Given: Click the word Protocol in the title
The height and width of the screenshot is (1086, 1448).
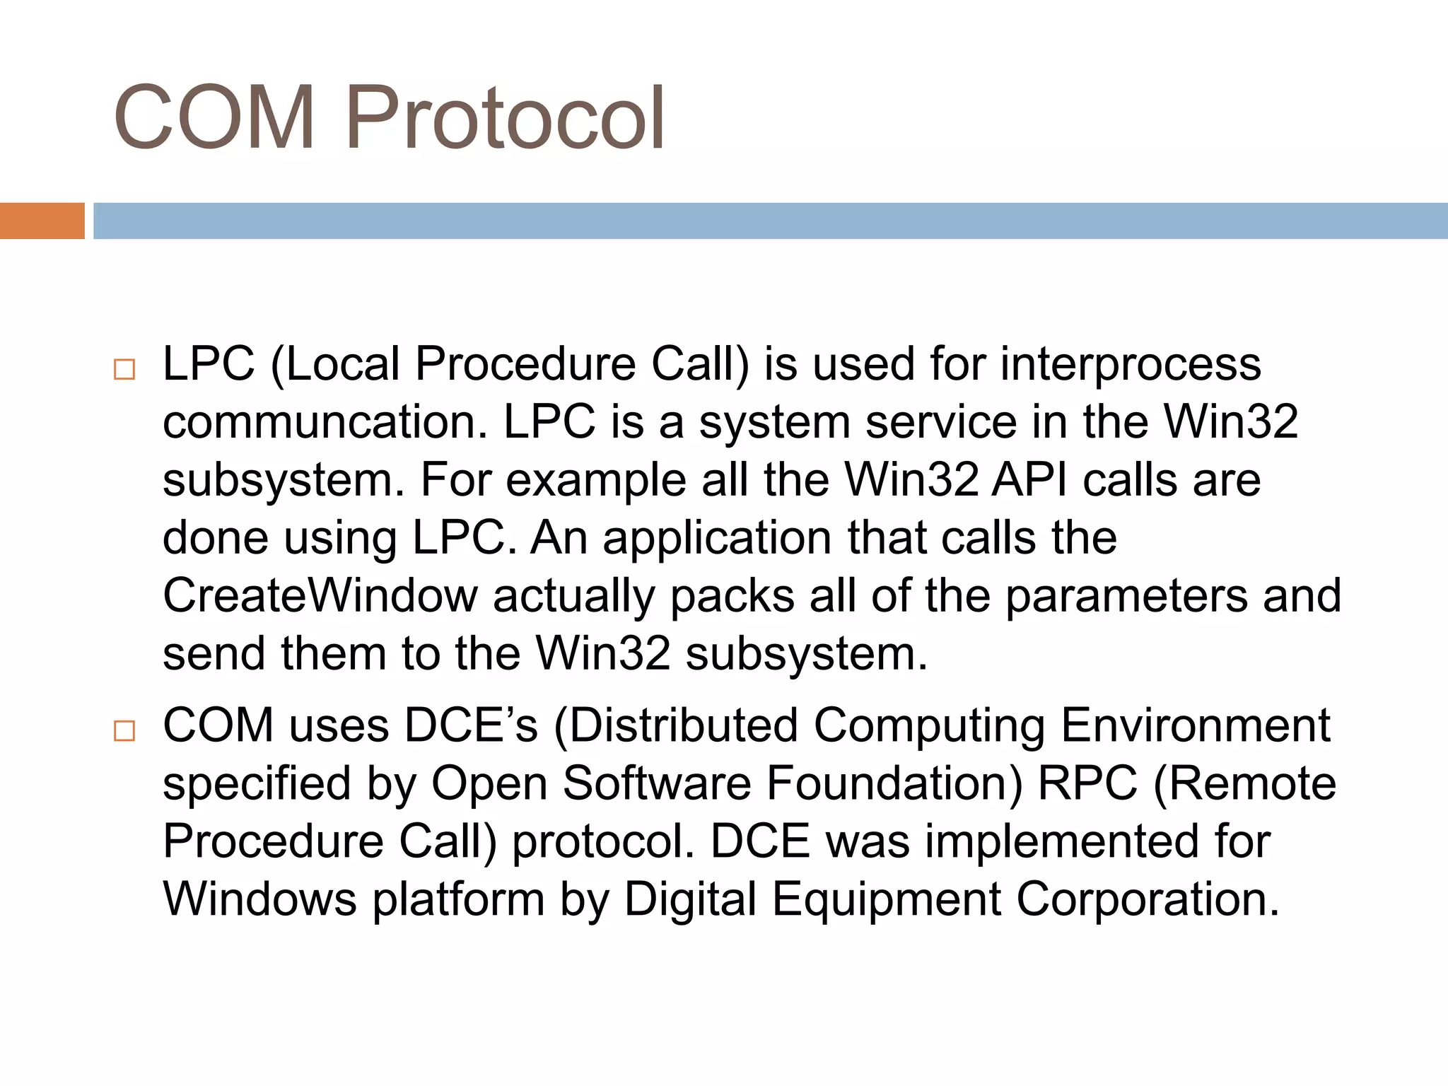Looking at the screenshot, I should point(504,117).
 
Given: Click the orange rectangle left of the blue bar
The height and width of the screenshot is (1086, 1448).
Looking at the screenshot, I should point(42,221).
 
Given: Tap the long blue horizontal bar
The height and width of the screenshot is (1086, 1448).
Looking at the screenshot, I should point(770,221).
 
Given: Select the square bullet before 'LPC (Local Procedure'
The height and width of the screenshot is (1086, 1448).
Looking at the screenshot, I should point(124,370).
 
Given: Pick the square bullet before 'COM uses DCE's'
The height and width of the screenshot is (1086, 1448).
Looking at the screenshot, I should point(124,731).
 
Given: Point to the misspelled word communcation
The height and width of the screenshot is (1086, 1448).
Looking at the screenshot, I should point(325,423).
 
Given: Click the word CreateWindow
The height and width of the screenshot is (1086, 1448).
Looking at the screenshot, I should point(320,596).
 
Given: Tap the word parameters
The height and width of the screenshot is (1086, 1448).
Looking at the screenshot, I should point(1126,596).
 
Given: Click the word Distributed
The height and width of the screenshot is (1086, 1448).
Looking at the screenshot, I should point(684,726).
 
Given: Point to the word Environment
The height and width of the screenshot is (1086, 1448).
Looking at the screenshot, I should point(1196,726).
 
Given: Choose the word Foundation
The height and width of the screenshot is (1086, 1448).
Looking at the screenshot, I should point(894,784).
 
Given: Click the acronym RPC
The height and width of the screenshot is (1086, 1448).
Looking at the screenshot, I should point(1087,784).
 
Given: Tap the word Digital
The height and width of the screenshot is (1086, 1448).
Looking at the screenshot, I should point(690,900).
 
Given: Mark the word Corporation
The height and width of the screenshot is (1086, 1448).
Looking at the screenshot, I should point(1148,900).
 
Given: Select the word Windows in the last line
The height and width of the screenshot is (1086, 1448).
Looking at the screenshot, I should point(260,900).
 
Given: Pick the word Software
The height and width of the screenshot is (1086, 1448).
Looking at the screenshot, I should point(657,784).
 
